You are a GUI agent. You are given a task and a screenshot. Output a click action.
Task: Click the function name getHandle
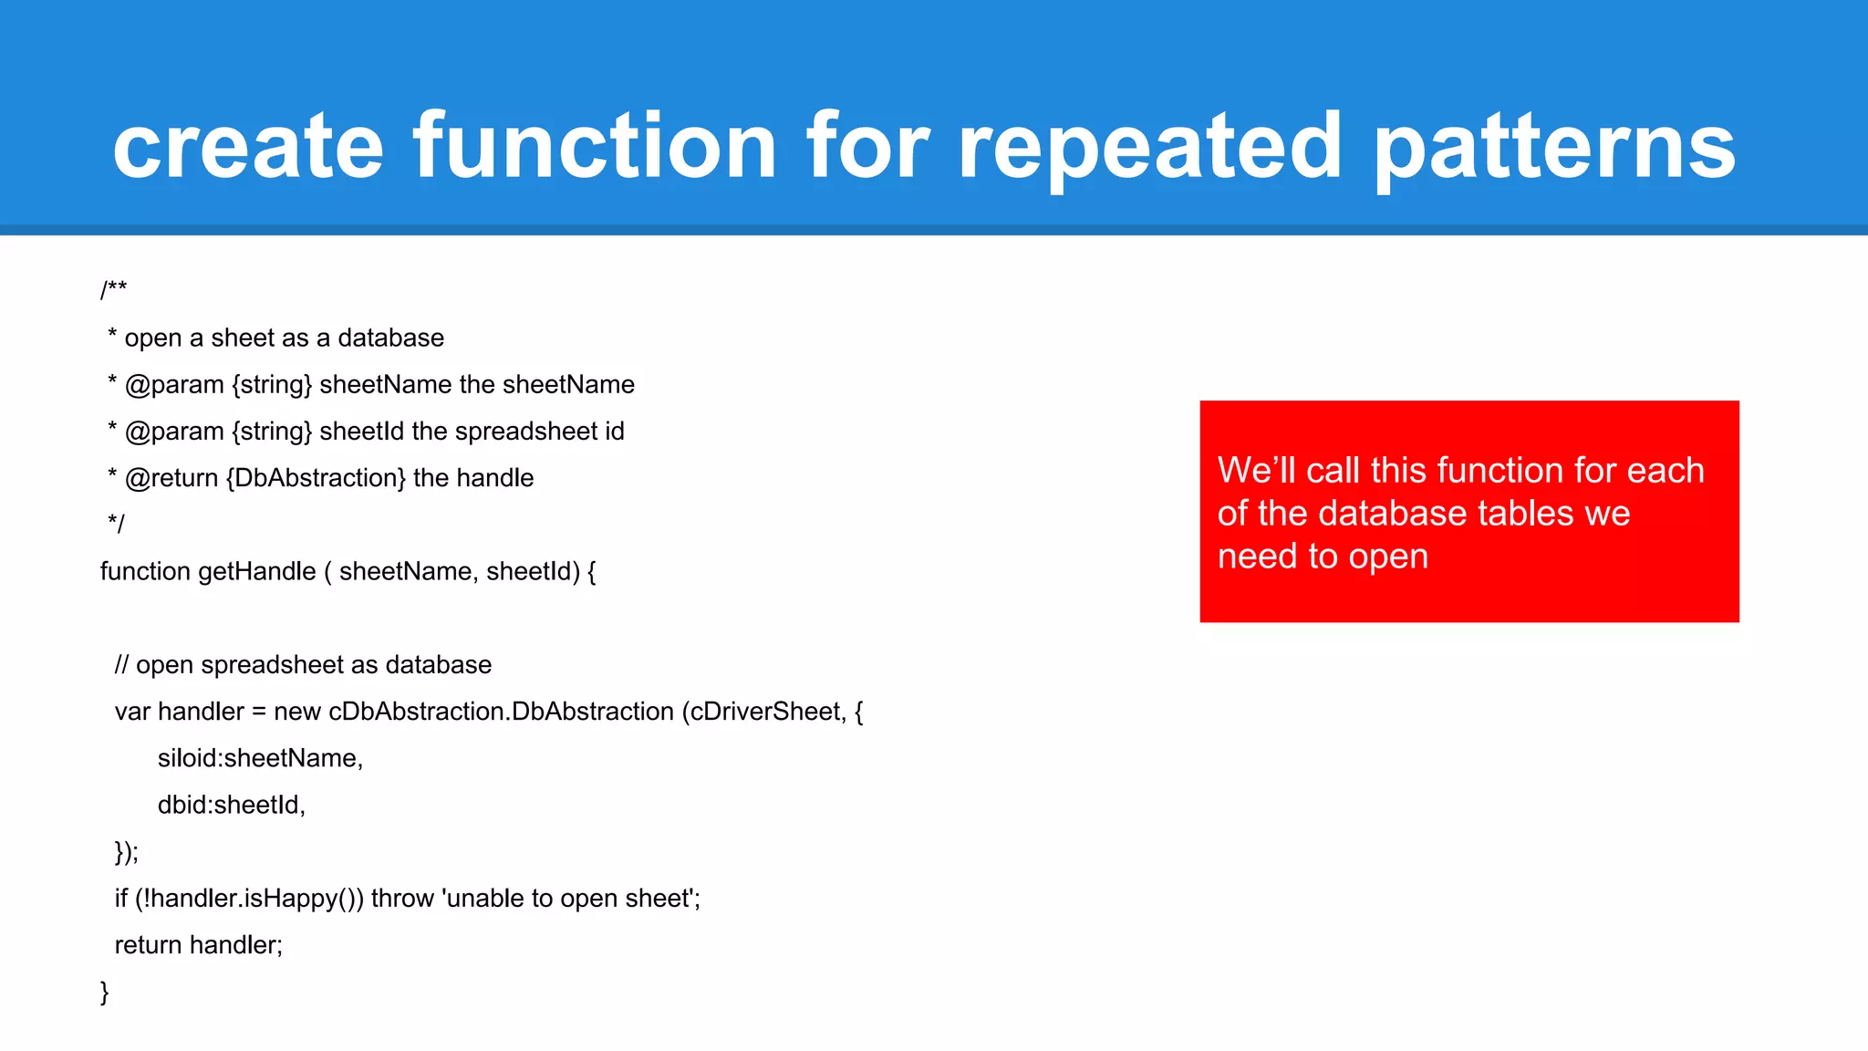click(x=257, y=572)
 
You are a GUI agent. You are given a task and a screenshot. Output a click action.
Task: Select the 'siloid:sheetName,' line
click(x=260, y=758)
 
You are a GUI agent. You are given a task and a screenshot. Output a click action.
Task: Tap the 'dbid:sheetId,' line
click(x=231, y=805)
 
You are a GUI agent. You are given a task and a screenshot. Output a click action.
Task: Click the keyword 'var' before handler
click(x=132, y=712)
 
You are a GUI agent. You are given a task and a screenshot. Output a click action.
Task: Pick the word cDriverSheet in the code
click(x=766, y=712)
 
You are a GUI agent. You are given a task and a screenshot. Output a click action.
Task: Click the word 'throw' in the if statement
click(x=402, y=899)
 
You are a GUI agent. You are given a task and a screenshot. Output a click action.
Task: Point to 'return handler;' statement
click(x=199, y=945)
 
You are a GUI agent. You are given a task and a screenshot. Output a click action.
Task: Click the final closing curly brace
click(x=105, y=992)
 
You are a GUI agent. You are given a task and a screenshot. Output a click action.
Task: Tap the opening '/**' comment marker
click(x=114, y=290)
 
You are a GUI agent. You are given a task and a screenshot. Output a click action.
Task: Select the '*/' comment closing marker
click(x=116, y=524)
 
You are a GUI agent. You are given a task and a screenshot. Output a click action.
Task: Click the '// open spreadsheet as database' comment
click(x=303, y=665)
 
